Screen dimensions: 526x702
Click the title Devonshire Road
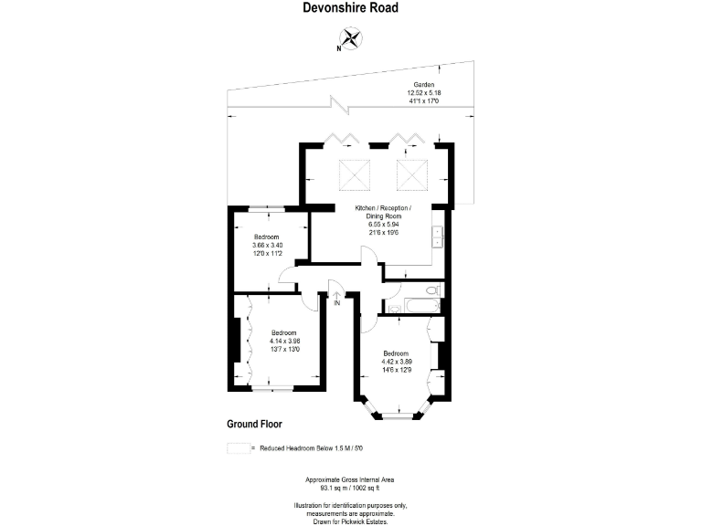[x=350, y=8]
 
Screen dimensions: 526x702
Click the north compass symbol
[x=351, y=38]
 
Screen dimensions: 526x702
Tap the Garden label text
[x=423, y=84]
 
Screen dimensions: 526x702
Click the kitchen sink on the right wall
[x=438, y=237]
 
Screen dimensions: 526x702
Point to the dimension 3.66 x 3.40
[x=267, y=245]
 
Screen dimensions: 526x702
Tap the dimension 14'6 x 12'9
[x=396, y=369]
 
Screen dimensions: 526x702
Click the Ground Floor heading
[x=254, y=425]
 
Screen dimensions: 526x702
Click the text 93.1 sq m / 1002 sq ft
[x=351, y=487]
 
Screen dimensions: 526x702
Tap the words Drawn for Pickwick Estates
[x=351, y=521]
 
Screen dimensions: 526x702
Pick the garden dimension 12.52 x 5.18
[x=423, y=92]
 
